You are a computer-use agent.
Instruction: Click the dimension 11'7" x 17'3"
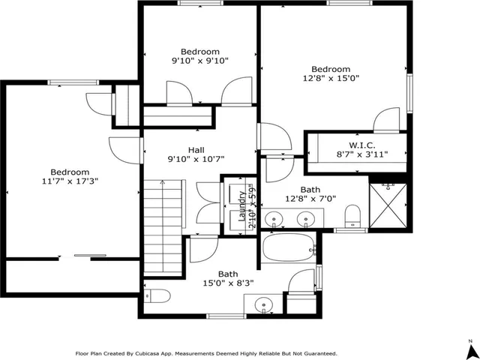click(70, 181)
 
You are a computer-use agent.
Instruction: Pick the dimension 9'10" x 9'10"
click(199, 61)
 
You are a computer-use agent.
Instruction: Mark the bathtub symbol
click(287, 247)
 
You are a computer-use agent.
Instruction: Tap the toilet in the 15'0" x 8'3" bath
click(154, 294)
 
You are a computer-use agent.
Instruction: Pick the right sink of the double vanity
click(305, 220)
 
